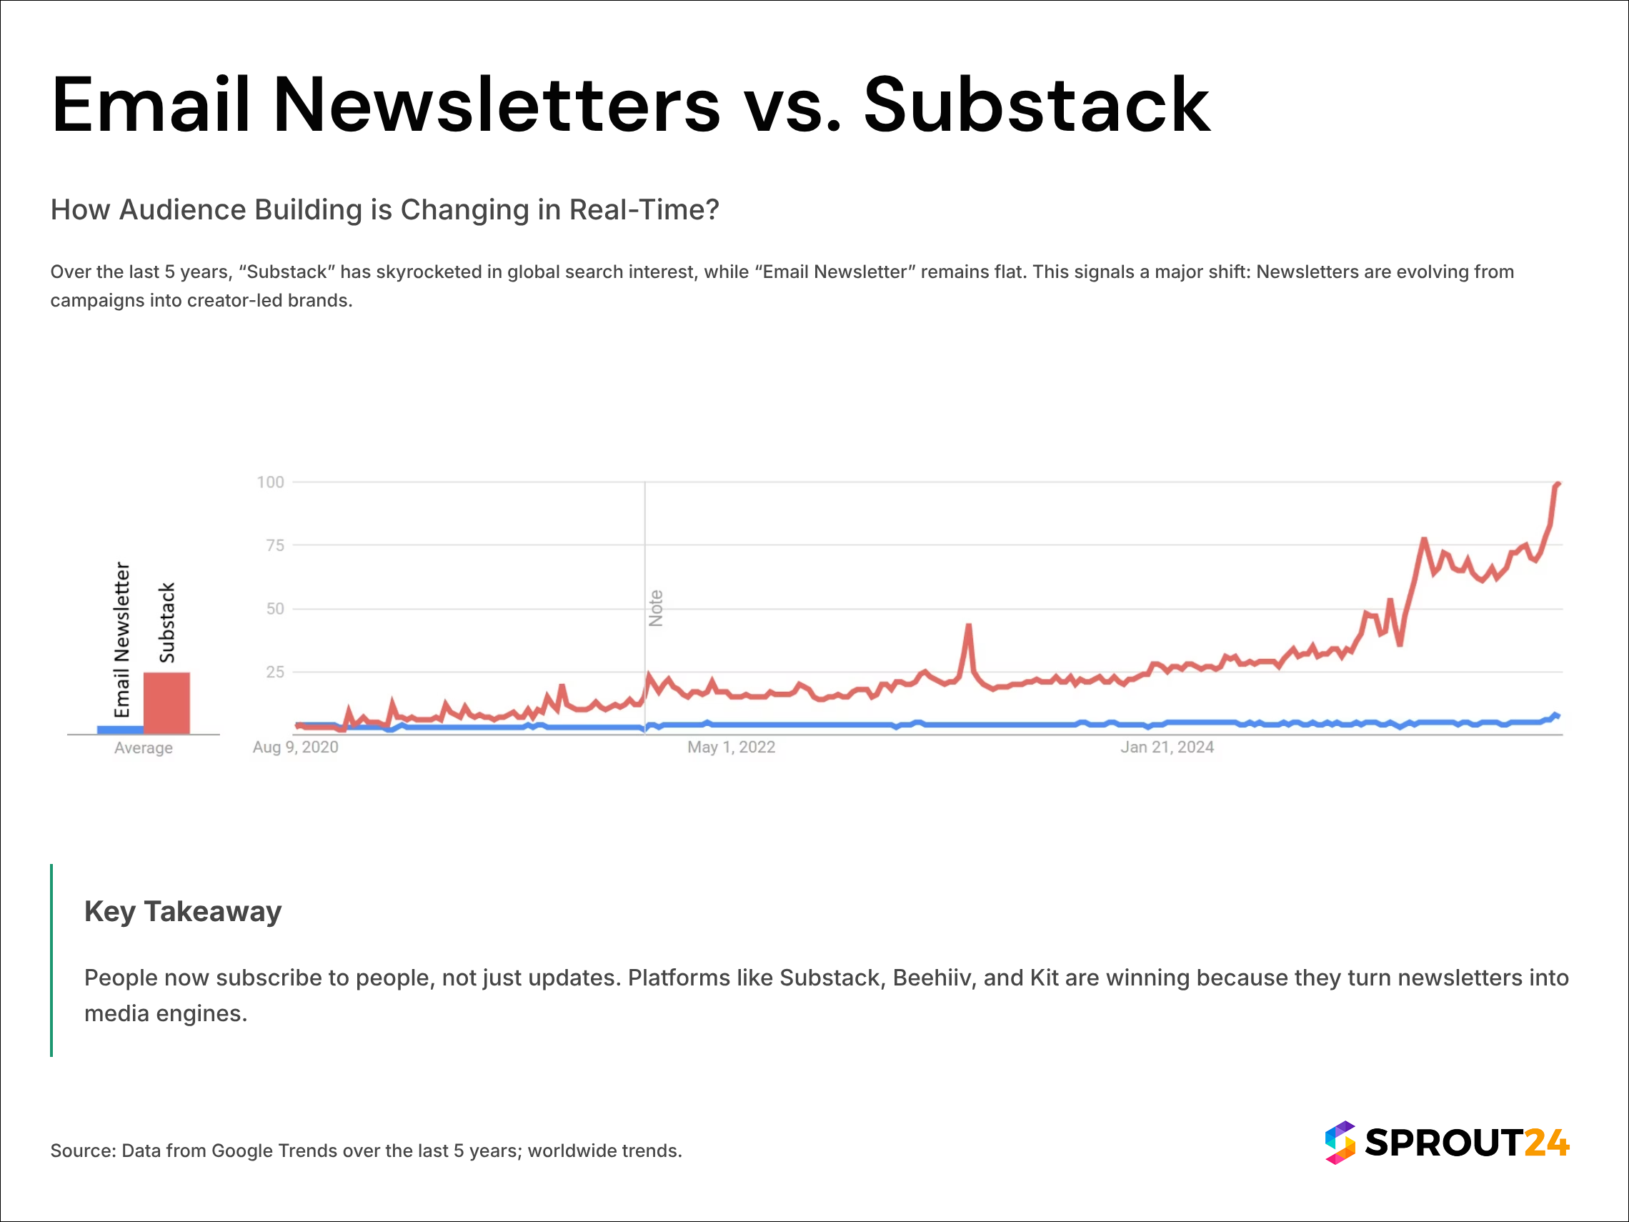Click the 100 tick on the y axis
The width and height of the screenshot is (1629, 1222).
coord(270,482)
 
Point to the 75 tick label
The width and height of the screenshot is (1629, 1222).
coord(274,546)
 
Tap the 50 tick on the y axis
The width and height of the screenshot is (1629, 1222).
coord(274,609)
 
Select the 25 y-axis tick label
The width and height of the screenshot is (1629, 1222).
coord(274,672)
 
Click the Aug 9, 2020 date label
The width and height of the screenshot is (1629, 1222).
coord(295,747)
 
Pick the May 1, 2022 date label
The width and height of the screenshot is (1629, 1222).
coord(732,747)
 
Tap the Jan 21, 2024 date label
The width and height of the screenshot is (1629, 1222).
coord(1167,747)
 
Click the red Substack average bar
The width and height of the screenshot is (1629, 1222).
coord(166,702)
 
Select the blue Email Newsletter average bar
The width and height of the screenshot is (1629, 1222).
coord(120,730)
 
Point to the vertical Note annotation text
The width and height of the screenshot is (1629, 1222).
coord(656,608)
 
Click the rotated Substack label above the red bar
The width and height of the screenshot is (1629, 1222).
coord(167,623)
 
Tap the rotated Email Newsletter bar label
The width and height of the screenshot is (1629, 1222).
coord(122,640)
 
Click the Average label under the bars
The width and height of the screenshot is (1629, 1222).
coord(144,748)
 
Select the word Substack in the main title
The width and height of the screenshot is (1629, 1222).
coord(1036,106)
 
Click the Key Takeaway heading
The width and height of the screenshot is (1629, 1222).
coord(183,912)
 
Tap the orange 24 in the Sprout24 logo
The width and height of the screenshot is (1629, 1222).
coord(1547,1143)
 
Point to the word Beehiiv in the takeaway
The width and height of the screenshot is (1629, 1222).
coord(932,978)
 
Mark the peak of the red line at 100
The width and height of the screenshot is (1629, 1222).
coord(1558,484)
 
